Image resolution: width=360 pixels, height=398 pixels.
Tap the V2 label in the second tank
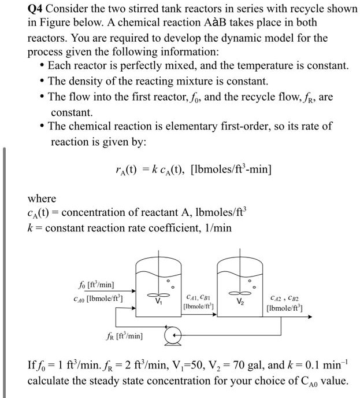pyautogui.click(x=238, y=301)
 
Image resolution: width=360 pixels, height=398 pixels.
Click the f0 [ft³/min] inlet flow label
pyautogui.click(x=100, y=285)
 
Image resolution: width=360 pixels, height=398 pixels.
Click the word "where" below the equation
pyautogui.click(x=43, y=198)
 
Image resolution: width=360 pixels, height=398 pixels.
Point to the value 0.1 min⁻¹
pyautogui.click(x=320, y=366)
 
